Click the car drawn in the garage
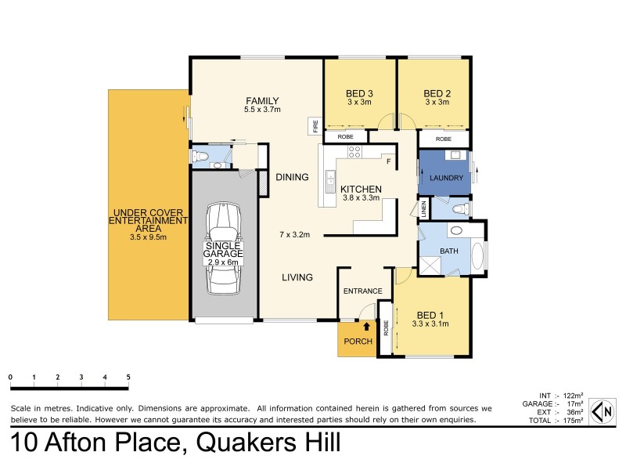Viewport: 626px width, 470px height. tap(224, 248)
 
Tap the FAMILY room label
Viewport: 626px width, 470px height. tap(261, 100)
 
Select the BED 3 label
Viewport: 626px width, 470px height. tap(359, 94)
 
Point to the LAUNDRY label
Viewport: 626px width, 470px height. tap(445, 178)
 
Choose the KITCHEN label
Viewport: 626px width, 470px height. tap(360, 190)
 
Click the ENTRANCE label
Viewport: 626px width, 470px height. tap(362, 291)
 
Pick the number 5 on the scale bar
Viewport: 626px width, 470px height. tap(128, 378)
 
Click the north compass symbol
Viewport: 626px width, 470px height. tap(604, 410)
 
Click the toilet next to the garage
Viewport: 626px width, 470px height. tap(203, 157)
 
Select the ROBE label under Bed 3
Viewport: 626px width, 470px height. tap(345, 137)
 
